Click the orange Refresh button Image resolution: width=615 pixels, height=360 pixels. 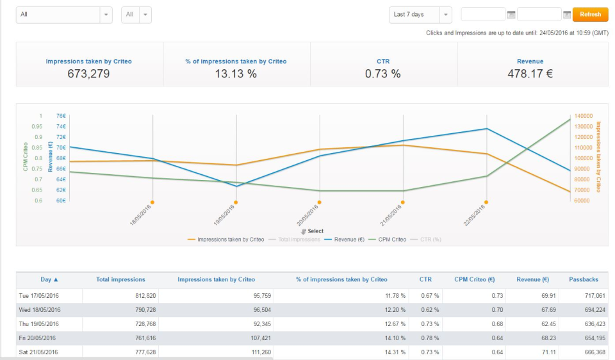pos(590,15)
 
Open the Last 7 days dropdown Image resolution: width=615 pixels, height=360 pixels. pos(420,15)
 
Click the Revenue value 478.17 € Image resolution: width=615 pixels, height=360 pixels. pos(530,74)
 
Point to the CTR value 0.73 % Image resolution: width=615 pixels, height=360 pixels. pos(382,74)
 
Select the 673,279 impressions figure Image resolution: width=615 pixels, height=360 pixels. pos(88,74)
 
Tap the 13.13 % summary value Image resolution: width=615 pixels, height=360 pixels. pos(235,74)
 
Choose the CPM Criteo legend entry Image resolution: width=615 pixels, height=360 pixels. pos(391,240)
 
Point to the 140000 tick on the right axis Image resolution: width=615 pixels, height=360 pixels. pos(584,116)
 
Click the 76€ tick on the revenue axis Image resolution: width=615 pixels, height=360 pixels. pos(61,116)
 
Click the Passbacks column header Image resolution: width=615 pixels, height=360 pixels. pos(583,279)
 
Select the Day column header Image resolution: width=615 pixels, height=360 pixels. pos(49,279)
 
